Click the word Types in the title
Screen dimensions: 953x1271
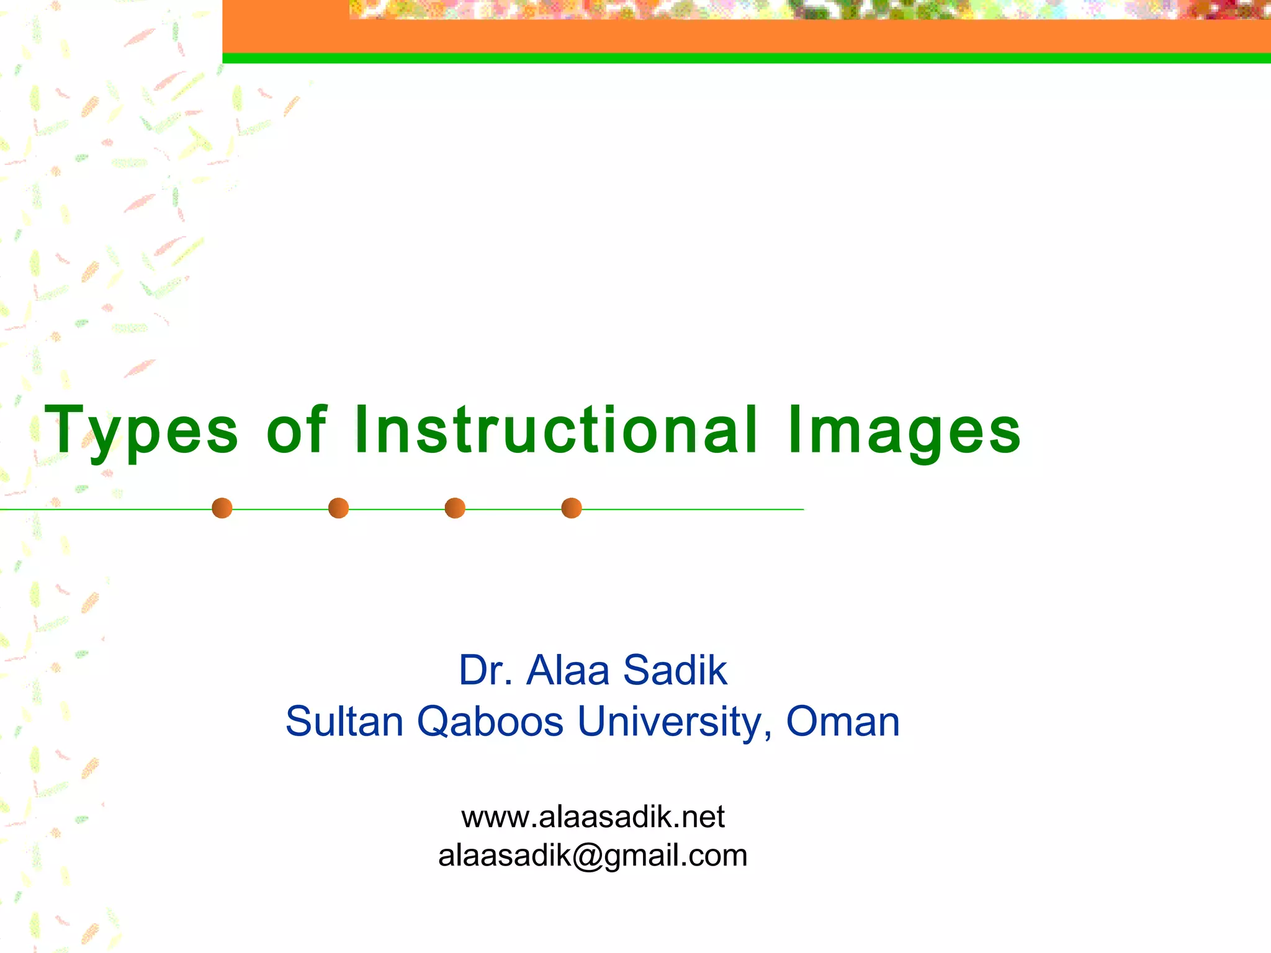[x=141, y=431]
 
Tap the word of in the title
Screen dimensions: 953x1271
[x=296, y=429]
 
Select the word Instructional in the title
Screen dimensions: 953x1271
[x=556, y=429]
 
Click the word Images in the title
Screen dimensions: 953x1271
[x=904, y=431]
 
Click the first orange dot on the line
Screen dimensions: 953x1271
[x=222, y=508]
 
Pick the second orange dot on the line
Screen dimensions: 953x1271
[x=338, y=508]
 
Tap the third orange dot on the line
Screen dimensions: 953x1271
[x=455, y=508]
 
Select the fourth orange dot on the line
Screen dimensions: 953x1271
[x=571, y=508]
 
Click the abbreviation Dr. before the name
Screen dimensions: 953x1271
[x=486, y=670]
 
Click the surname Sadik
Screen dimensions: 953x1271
[x=675, y=670]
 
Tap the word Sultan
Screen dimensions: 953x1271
[x=344, y=721]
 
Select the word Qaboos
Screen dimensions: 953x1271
[x=490, y=722]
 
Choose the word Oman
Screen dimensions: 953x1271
[x=843, y=721]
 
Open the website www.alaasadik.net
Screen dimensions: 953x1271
[x=593, y=817]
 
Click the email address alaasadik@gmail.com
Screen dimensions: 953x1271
[x=593, y=856]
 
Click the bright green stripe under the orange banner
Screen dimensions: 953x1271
[x=745, y=58]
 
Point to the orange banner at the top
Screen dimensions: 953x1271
[x=745, y=36]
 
